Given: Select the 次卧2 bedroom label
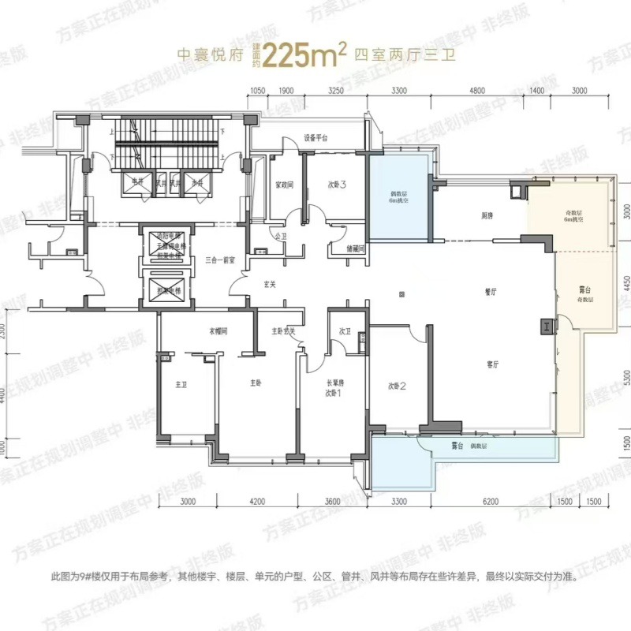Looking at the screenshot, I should (397, 386).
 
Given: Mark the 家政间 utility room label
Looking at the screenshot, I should (284, 186).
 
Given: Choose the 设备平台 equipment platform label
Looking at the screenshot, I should (315, 139).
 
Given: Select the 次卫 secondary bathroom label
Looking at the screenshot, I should (345, 331).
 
